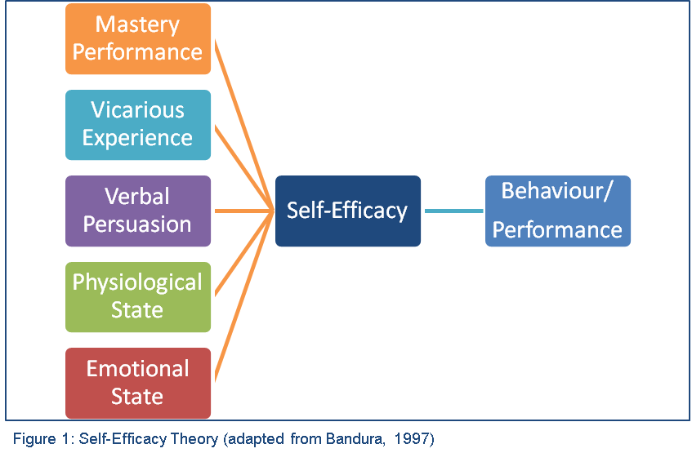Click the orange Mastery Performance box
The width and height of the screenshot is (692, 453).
pos(137,38)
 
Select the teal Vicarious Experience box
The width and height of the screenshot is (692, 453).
pos(137,124)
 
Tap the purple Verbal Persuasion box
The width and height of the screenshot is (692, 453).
pos(137,211)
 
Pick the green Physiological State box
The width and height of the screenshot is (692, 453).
pos(137,296)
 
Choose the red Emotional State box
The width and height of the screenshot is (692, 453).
pos(137,383)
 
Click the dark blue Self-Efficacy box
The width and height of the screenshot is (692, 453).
pos(347,211)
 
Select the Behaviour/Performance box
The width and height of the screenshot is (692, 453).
pos(557,211)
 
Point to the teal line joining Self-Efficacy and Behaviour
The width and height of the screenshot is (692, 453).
pos(453,211)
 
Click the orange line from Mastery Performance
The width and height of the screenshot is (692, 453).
pos(243,123)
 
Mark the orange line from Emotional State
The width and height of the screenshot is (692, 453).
pos(243,296)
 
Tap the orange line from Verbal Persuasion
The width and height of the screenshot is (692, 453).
pos(243,211)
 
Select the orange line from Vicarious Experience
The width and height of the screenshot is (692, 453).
pos(243,167)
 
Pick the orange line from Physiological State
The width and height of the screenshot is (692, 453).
pos(243,253)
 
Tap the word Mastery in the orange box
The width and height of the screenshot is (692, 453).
pos(137,24)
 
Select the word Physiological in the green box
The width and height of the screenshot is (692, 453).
pos(137,282)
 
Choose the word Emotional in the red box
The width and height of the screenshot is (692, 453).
pos(137,369)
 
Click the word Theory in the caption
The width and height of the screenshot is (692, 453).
pos(192,438)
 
